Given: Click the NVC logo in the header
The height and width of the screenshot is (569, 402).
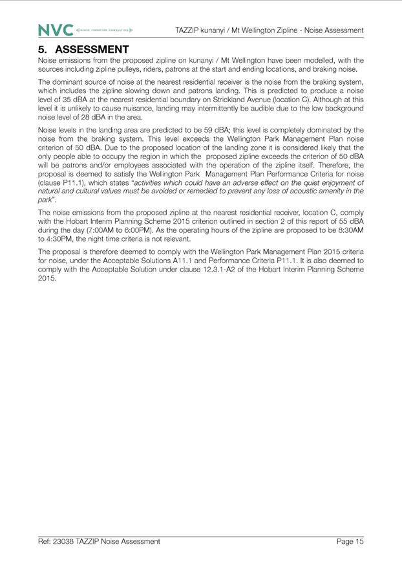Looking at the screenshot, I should [x=55, y=30].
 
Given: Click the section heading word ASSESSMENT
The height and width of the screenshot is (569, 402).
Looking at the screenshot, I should [x=92, y=50].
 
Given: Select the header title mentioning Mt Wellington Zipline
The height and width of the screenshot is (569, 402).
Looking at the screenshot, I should [x=270, y=30].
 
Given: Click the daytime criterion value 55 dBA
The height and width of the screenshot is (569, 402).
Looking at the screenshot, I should [x=350, y=220].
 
